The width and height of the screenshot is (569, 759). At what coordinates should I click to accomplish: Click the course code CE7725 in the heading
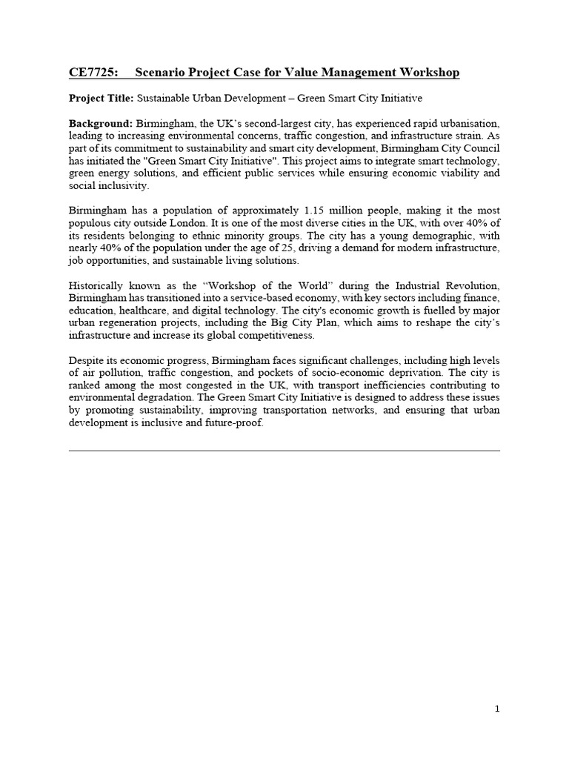pyautogui.click(x=88, y=72)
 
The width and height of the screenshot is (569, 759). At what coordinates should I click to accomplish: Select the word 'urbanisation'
pyautogui.click(x=467, y=123)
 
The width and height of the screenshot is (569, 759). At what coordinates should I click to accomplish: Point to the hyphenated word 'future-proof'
pyautogui.click(x=232, y=424)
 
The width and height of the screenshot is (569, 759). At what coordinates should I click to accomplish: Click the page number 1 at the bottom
pyautogui.click(x=497, y=709)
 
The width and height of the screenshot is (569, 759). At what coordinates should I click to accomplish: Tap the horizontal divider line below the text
pyautogui.click(x=284, y=450)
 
